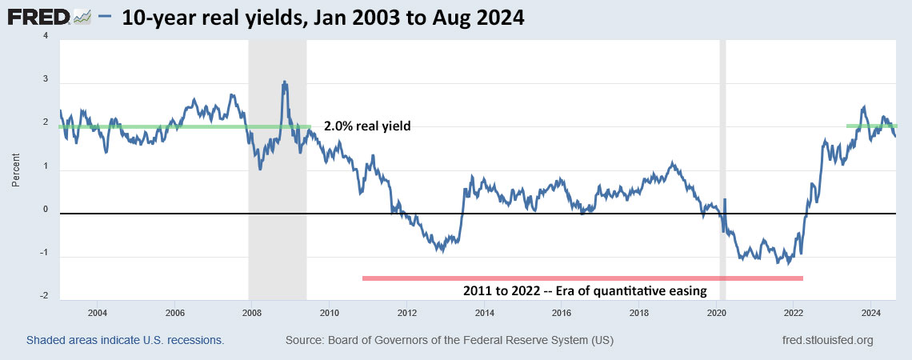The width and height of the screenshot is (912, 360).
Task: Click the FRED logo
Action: pyautogui.click(x=50, y=17)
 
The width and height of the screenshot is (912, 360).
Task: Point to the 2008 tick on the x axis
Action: pyautogui.click(x=252, y=312)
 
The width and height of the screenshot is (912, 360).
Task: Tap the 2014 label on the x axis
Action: pyautogui.click(x=484, y=312)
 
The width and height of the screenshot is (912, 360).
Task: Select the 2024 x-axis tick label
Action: pyautogui.click(x=871, y=312)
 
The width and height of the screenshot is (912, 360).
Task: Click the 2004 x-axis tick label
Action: pyautogui.click(x=98, y=312)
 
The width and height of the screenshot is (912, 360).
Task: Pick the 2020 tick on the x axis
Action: pyautogui.click(x=716, y=312)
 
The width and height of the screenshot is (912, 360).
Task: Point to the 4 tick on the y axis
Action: pyautogui.click(x=45, y=36)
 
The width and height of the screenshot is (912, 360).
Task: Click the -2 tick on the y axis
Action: pyautogui.click(x=45, y=296)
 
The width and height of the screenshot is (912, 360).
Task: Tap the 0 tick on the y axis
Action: pyautogui.click(x=45, y=210)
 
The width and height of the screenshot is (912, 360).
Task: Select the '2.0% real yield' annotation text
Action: pyautogui.click(x=366, y=126)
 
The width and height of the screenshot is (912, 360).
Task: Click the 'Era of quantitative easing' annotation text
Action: pyautogui.click(x=584, y=291)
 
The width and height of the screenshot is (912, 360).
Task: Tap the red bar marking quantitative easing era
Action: pyautogui.click(x=582, y=278)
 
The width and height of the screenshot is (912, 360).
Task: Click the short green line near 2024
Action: pyautogui.click(x=871, y=126)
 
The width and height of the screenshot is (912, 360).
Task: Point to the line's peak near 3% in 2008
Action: pyautogui.click(x=284, y=82)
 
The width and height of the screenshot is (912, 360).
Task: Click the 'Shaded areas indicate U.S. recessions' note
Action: pyautogui.click(x=126, y=341)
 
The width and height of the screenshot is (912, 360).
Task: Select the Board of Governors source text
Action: pyautogui.click(x=449, y=341)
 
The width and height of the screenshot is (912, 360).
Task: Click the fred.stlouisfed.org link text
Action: pyautogui.click(x=827, y=341)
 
